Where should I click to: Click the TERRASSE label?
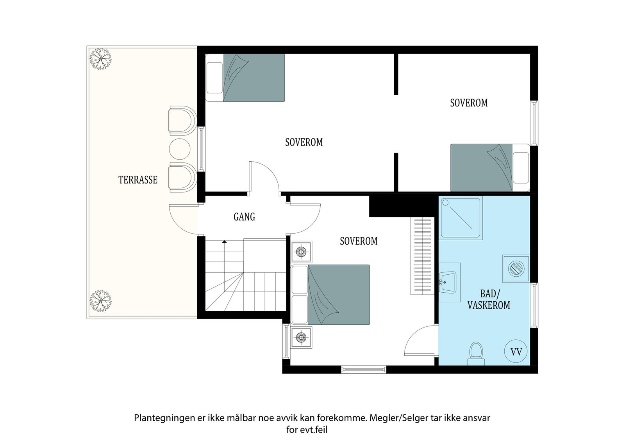tap(137, 180)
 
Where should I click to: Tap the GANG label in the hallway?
tap(244, 217)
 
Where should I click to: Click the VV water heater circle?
tap(516, 351)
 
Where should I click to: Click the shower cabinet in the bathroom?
tap(461, 218)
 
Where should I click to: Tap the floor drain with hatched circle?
tap(516, 268)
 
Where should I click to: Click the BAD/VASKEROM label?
tap(489, 300)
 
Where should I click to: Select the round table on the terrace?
tap(180, 149)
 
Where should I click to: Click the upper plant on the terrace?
tap(101, 59)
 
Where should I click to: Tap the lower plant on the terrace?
tap(101, 301)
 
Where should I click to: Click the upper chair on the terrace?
tap(181, 119)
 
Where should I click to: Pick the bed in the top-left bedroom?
tap(245, 78)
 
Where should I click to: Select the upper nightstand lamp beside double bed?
tap(302, 251)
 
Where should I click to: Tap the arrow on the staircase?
tap(224, 242)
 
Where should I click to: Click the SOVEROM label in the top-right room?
tap(469, 103)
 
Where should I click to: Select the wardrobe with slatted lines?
tap(422, 256)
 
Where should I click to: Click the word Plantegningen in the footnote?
tap(160, 418)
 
